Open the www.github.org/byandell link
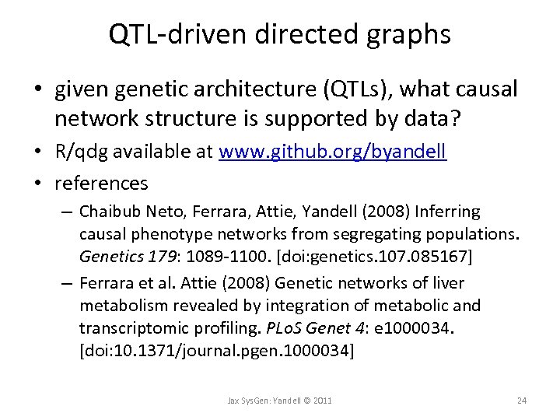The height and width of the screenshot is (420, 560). tap(333, 153)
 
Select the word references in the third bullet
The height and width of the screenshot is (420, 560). tap(101, 184)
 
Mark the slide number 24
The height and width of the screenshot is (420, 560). tap(521, 400)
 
